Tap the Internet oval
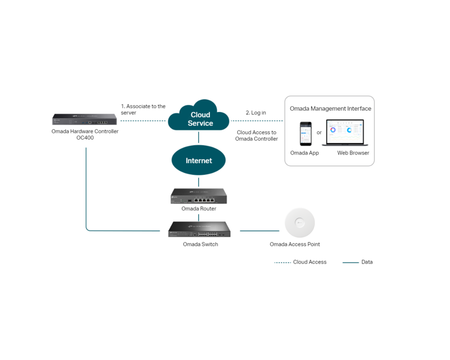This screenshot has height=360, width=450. (198, 161)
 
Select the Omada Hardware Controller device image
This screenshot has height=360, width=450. (85, 119)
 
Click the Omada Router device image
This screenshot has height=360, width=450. (198, 196)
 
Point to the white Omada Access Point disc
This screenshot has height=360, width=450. (299, 222)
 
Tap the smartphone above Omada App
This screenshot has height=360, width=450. (306, 133)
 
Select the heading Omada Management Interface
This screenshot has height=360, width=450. (330, 108)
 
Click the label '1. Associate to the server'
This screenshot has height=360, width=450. (143, 109)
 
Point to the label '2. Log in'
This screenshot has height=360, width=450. (256, 112)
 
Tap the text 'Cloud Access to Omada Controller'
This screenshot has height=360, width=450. (256, 135)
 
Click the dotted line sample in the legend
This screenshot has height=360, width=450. (282, 262)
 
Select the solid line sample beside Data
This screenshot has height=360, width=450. (351, 262)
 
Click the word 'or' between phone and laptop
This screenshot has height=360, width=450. (319, 132)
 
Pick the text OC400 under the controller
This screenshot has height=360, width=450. (85, 138)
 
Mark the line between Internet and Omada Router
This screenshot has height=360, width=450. (198, 182)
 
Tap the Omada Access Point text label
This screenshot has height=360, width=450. (295, 244)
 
